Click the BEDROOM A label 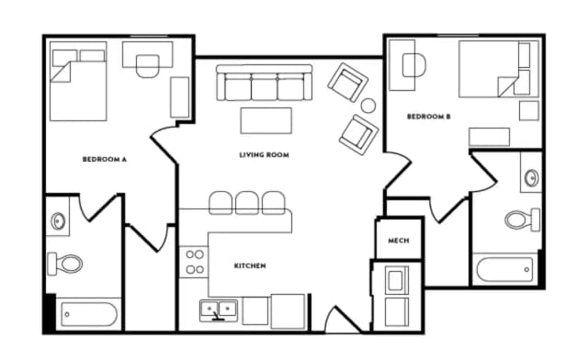pyautogui.click(x=104, y=159)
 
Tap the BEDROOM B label pyautogui.click(x=428, y=116)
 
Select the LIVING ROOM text pyautogui.click(x=264, y=155)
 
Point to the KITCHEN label pyautogui.click(x=249, y=265)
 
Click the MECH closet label pyautogui.click(x=398, y=241)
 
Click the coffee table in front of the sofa pyautogui.click(x=266, y=120)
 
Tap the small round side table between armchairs pyautogui.click(x=367, y=106)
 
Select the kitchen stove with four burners pyautogui.click(x=194, y=262)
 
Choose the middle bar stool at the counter pyautogui.click(x=247, y=202)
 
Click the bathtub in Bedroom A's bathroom pyautogui.click(x=89, y=315)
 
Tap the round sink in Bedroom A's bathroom pyautogui.click(x=58, y=221)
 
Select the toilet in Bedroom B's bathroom pyautogui.click(x=522, y=219)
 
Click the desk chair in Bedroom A pyautogui.click(x=147, y=64)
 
